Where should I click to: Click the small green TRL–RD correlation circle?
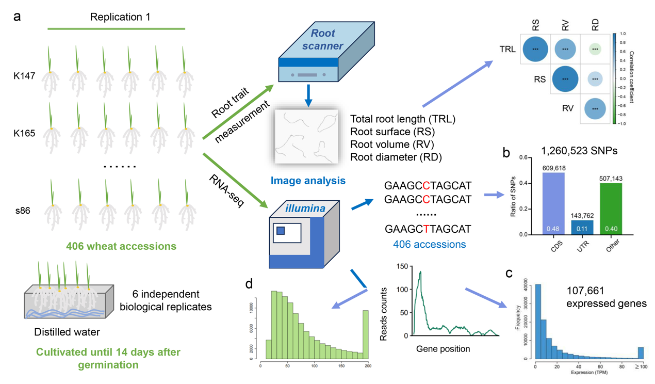coord(595,50)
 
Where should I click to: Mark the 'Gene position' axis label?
coord(443,349)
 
